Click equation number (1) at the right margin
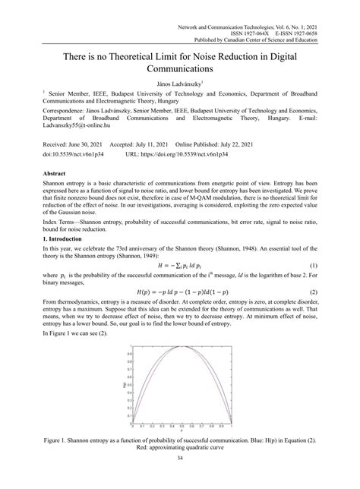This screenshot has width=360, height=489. tap(312, 286)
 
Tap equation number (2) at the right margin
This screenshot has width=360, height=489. tap(312, 313)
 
